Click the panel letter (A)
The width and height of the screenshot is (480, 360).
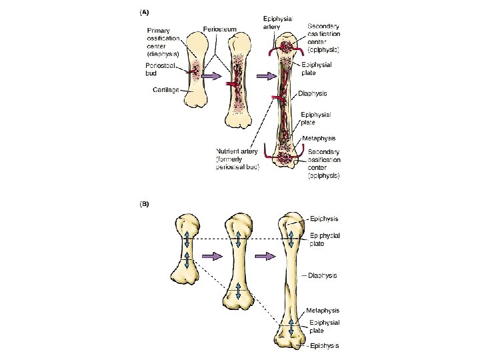pos(143,11)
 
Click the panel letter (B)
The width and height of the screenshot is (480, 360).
pos(143,205)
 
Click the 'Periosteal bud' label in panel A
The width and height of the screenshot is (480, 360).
pos(161,69)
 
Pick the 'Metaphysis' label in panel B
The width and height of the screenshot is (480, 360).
pos(323,310)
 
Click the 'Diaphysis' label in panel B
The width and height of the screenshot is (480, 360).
pos(322,275)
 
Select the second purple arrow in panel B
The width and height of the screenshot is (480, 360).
pos(266,257)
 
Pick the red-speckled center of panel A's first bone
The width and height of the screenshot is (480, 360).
pos(195,70)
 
